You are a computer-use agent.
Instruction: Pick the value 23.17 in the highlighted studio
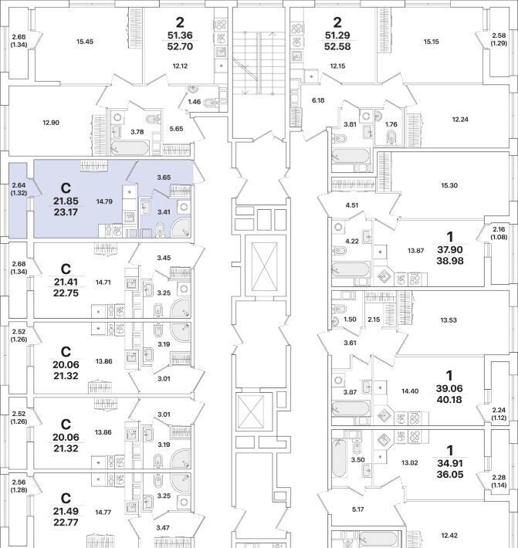point(66,211)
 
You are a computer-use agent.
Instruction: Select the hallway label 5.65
point(175,129)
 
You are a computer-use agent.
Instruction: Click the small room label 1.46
point(195,102)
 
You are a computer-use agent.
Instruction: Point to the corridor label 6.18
point(318,100)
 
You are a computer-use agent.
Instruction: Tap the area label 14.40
point(411,391)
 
